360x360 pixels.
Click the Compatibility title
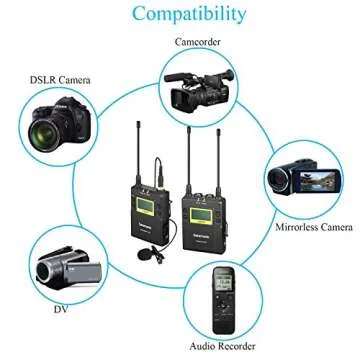[180, 15]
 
